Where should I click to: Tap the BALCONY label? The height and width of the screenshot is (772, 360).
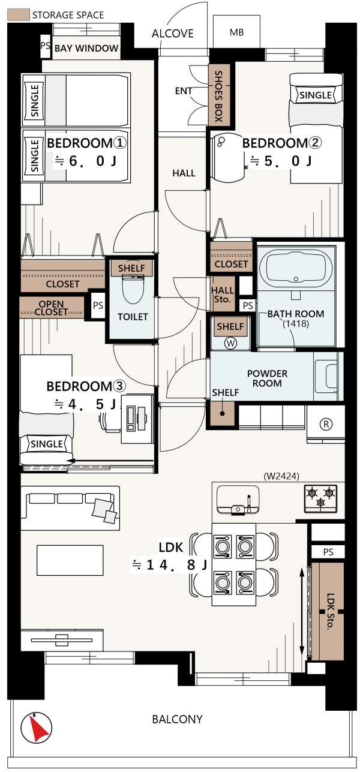point(177,719)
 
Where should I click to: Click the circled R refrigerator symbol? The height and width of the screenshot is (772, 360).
point(326,423)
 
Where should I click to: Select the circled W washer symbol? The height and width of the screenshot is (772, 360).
point(230,343)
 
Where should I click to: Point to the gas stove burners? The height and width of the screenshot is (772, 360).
point(320,498)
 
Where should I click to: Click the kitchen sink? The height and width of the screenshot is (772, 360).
point(238,500)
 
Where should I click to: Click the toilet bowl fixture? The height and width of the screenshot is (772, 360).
point(133,290)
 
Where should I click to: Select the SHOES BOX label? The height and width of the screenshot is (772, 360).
point(218,96)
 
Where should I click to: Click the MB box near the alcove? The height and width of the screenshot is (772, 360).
point(236,32)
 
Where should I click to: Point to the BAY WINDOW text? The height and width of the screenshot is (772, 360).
point(86,48)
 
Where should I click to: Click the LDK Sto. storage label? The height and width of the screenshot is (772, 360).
point(330,611)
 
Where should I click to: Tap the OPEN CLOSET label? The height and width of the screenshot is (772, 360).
point(51,308)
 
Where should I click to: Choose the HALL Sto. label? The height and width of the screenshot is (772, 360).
point(223,295)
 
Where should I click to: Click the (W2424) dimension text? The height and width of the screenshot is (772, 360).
point(281,476)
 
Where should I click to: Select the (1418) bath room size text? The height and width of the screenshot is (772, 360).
point(296,323)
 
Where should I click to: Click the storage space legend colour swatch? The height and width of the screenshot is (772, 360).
point(18,15)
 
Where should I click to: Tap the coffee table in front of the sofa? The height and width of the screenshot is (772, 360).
point(70,560)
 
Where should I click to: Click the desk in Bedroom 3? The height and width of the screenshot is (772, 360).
point(137,419)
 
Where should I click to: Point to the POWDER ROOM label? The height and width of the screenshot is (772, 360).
point(267,378)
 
